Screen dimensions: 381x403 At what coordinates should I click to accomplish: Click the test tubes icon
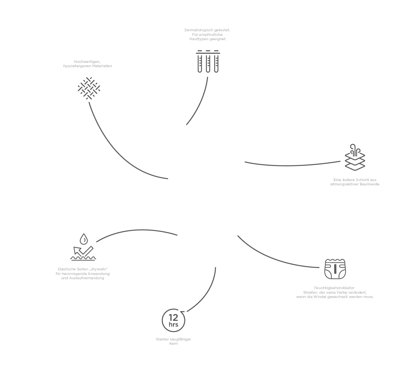coord(208,62)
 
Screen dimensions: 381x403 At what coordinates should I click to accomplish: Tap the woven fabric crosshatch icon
coord(89,88)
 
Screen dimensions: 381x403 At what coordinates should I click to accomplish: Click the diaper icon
coord(335,268)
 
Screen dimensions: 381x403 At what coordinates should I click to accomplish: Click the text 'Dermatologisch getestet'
coord(207,30)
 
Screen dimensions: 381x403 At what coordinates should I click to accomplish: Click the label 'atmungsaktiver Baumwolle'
coord(355,184)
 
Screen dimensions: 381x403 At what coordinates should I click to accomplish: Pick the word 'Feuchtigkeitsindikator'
coord(334,288)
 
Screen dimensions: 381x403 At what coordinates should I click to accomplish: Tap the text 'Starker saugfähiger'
coord(173,339)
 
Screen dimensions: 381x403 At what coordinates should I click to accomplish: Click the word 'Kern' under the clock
coord(173,344)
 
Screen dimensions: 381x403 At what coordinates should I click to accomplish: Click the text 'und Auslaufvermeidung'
coord(83,278)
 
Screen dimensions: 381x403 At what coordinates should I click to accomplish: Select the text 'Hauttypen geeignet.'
coord(208,39)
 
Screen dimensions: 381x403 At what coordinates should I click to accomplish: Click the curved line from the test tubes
coord(200,102)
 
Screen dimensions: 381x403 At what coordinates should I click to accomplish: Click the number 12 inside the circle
coord(173,317)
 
